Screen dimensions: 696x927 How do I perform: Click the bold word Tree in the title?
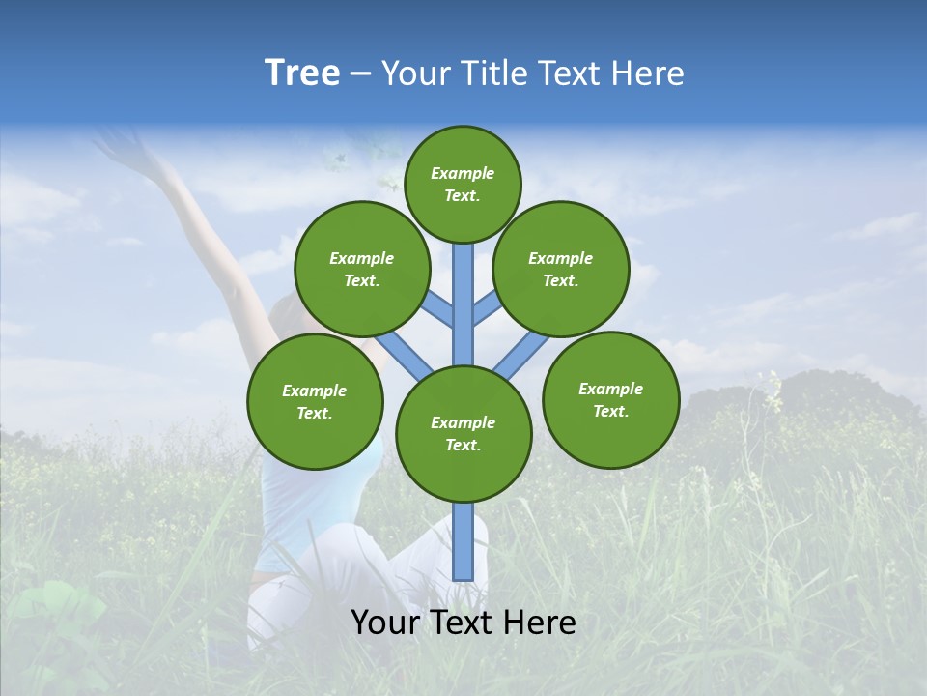pos(302,73)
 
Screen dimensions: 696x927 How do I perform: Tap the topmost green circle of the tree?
pos(463,184)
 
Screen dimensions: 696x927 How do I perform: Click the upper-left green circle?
pos(362,269)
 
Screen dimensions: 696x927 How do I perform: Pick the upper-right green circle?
pos(561,269)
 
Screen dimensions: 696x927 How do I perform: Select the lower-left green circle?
pos(315,401)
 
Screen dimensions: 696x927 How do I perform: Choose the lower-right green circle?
pos(610,399)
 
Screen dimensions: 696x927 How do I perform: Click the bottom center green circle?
pos(463,433)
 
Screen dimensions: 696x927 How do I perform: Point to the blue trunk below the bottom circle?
pos(463,541)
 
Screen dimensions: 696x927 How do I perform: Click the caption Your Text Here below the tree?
pos(463,623)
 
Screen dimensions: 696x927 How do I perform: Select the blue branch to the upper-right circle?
pos(485,309)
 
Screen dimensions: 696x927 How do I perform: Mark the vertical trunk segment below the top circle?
pos(463,300)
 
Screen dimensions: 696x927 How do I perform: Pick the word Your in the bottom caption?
pos(385,623)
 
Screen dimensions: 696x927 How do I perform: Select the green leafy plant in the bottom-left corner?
pos(58,619)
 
